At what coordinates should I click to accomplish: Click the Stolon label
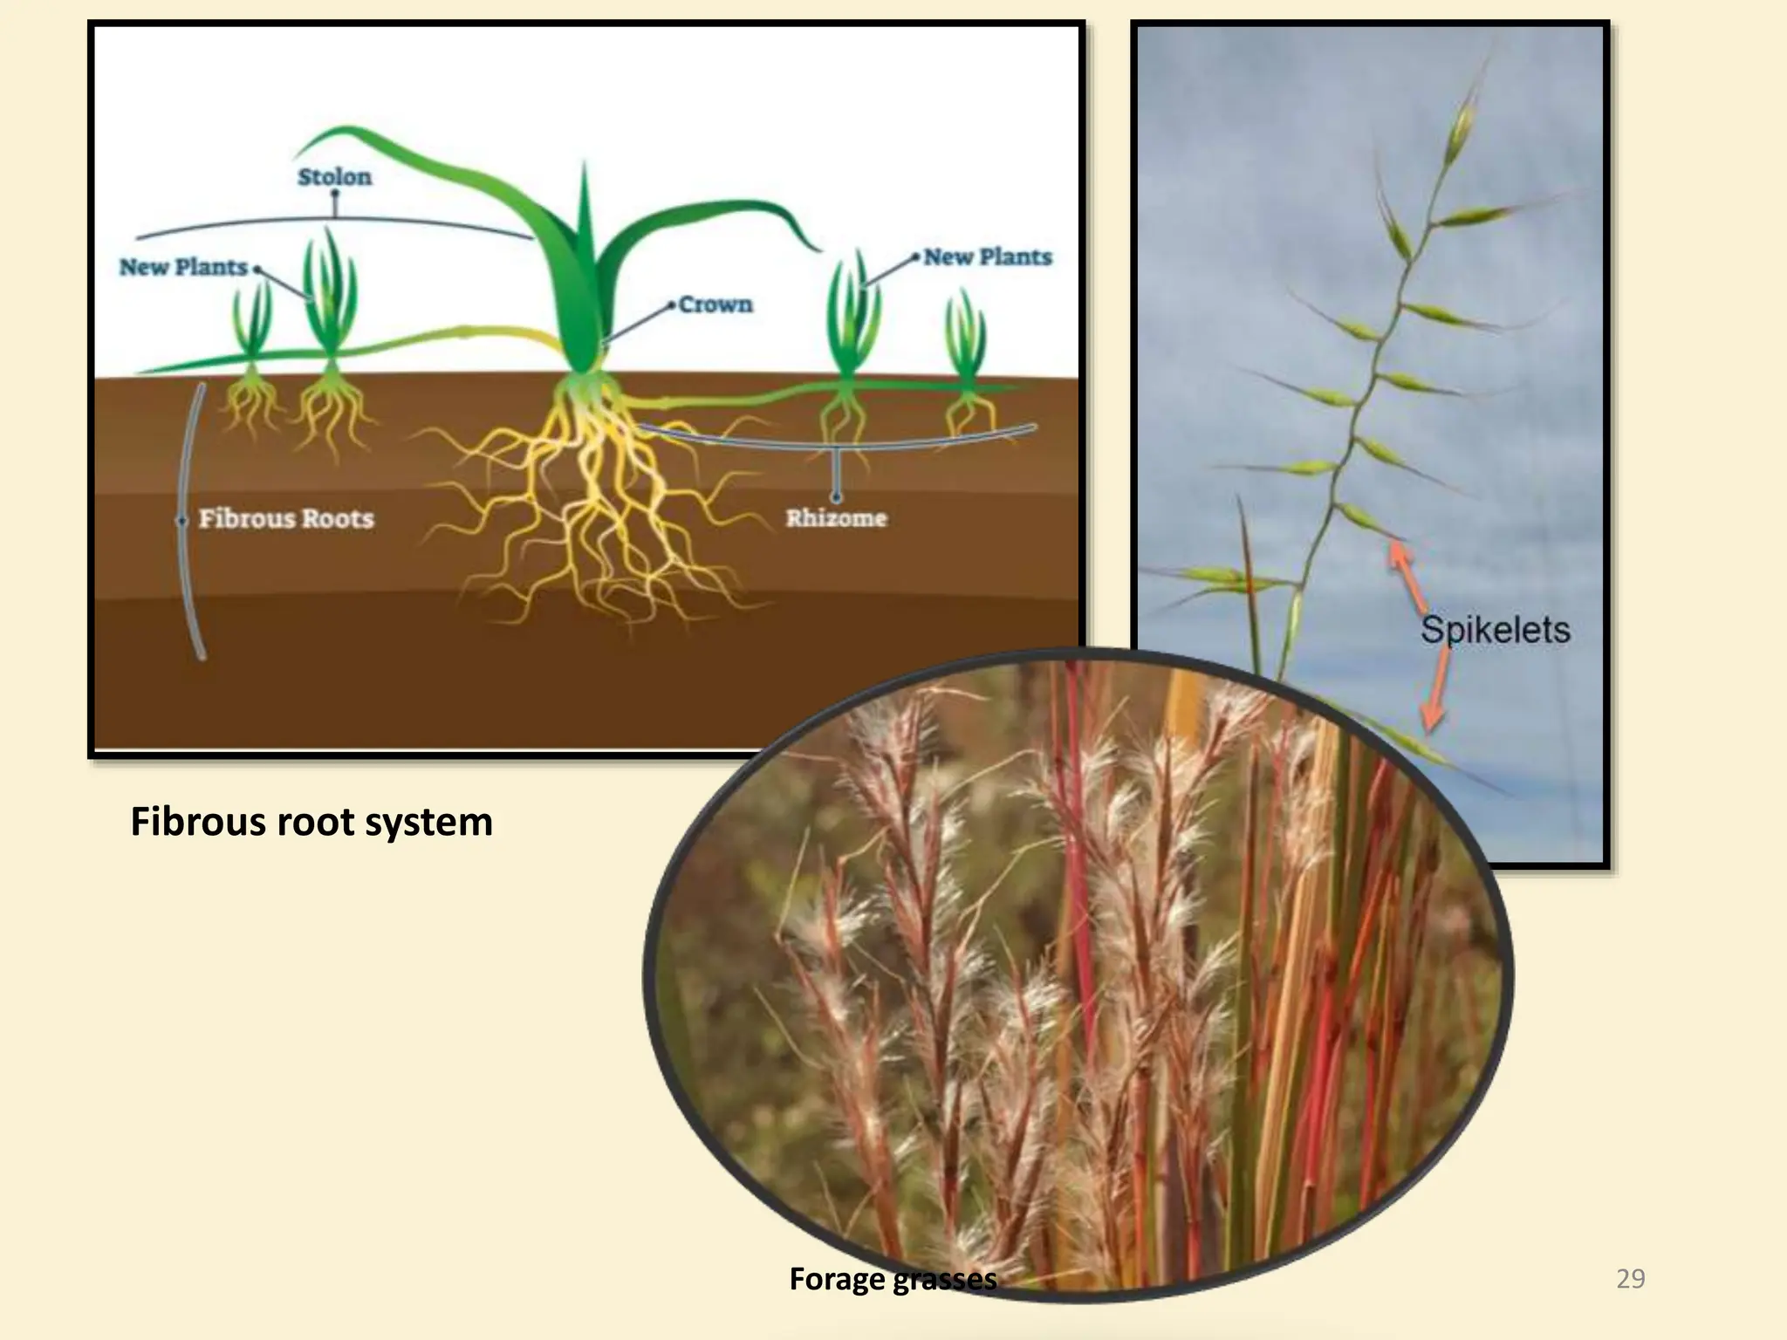(334, 177)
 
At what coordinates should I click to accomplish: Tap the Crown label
(715, 304)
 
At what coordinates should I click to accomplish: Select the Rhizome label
(836, 518)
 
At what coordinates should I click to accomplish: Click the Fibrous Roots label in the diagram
(286, 518)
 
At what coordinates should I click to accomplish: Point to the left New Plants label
(183, 267)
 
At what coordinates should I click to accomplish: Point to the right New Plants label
(988, 257)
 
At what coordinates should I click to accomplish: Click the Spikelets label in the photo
(1495, 630)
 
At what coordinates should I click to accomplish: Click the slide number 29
(1630, 1279)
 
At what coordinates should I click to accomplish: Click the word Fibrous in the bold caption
(198, 822)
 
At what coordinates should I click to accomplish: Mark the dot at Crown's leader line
(671, 305)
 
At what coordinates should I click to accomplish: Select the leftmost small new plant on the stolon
(251, 327)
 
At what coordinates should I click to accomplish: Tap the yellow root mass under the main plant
(593, 506)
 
